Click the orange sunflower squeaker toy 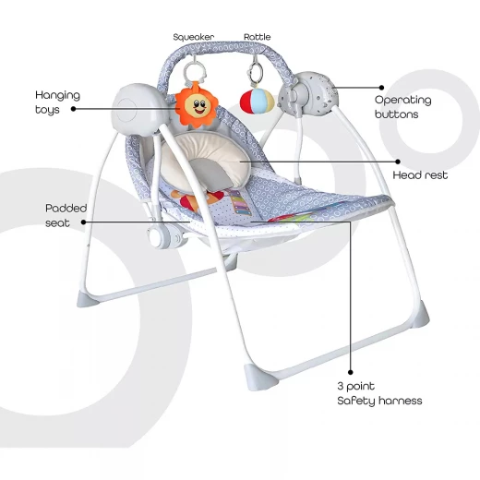tap(197, 104)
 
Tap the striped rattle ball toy tap(257, 101)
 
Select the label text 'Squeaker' tap(194, 37)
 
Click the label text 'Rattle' tap(258, 37)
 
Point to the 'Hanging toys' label tap(57, 102)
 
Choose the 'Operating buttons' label tap(402, 107)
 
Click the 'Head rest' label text tap(420, 175)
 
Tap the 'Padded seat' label tap(66, 215)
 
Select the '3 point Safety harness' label tap(379, 393)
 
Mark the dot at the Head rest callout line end tap(398, 162)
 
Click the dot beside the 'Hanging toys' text tap(73, 109)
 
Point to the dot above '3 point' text tap(351, 372)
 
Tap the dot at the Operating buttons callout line tap(381, 88)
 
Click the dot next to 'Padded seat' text tap(83, 222)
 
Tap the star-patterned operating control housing tap(309, 91)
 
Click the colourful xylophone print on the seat tap(238, 202)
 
